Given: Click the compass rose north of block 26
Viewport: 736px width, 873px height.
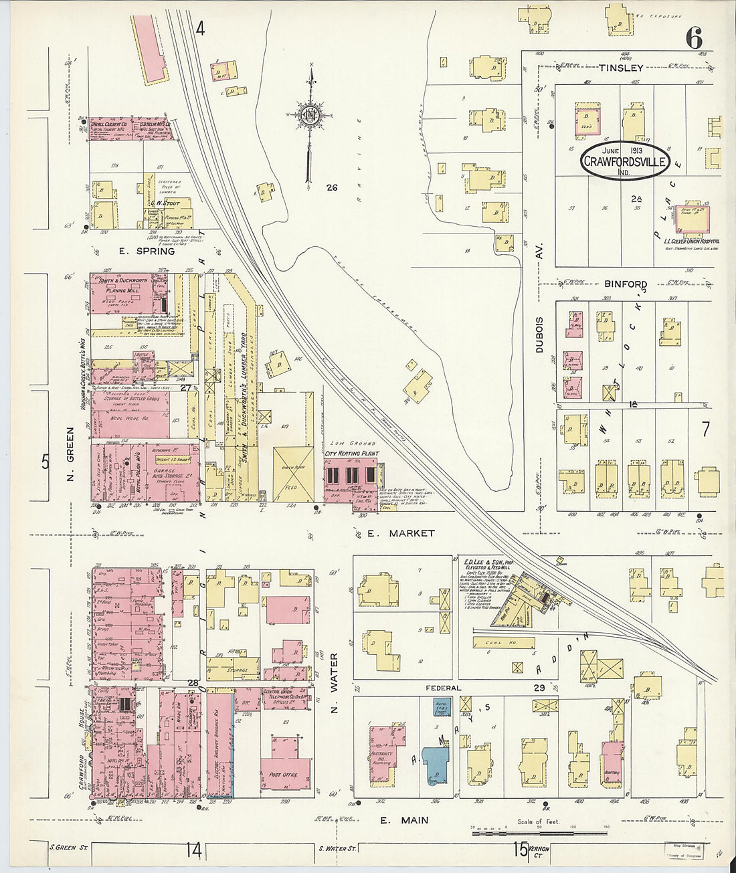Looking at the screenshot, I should click(x=310, y=114).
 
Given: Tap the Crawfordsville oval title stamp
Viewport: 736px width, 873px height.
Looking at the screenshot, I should click(x=624, y=161).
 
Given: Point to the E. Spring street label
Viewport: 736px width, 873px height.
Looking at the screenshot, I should click(x=147, y=252).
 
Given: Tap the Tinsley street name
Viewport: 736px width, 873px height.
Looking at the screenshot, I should click(x=620, y=68).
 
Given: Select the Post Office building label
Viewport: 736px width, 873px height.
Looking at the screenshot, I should click(x=284, y=775).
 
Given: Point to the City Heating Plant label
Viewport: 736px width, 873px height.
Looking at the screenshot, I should click(x=351, y=453).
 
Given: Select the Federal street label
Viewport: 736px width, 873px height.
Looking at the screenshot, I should click(x=444, y=688).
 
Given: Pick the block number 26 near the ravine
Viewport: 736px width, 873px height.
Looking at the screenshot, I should click(x=331, y=188).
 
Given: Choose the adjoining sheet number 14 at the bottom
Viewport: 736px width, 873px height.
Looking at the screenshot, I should click(x=193, y=850).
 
